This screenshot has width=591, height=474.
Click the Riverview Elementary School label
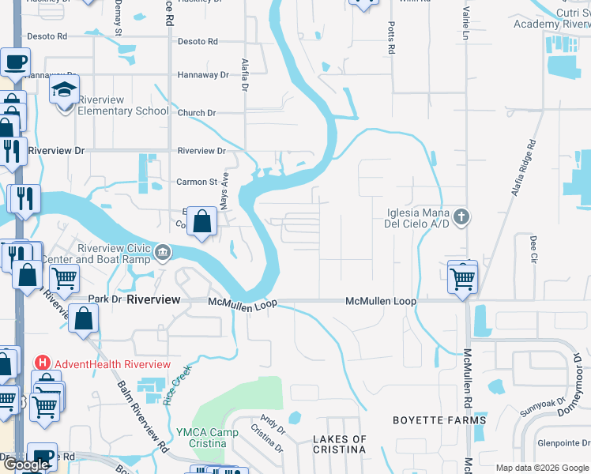122,111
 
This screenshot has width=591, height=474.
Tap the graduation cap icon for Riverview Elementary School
65,90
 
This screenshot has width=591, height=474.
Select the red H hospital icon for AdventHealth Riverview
43,363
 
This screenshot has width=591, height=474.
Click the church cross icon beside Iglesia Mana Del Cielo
461,215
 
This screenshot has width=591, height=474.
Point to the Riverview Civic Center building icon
163,253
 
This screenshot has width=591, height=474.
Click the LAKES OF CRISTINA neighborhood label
339,444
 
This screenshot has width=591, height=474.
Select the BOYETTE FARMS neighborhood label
439,420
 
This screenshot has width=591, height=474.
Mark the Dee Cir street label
533,248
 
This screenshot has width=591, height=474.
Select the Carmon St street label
197,182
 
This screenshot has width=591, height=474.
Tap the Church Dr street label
197,113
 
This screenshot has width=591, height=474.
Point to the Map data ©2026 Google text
541,468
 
